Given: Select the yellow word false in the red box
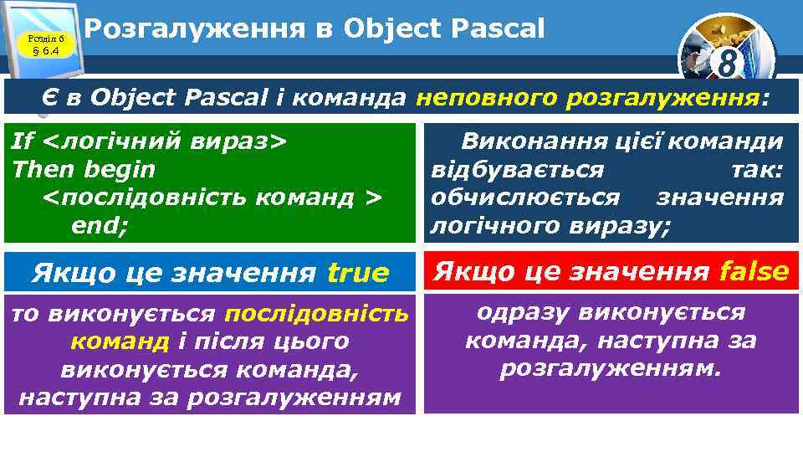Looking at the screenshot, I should (753, 271).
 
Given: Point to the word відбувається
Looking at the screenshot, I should (517, 170).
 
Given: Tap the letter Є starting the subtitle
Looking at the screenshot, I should (50, 98).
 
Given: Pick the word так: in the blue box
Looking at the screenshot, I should (756, 170).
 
